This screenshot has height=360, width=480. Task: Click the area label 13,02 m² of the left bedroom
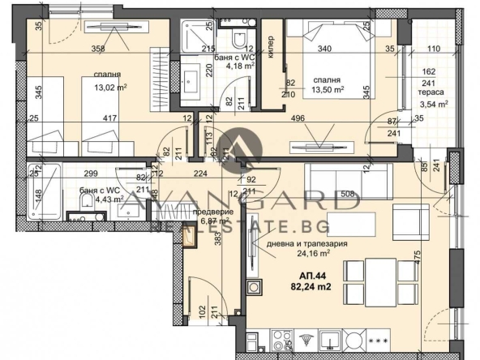pyautogui.click(x=110, y=88)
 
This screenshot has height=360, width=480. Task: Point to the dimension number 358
pyautogui.click(x=98, y=49)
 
